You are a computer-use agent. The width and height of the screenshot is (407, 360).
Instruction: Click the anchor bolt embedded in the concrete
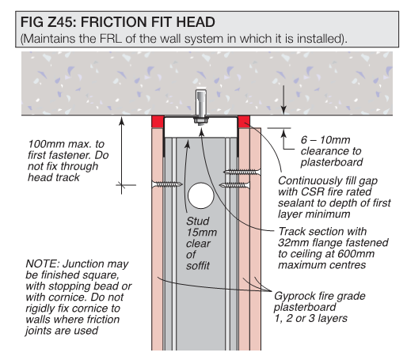click(x=201, y=104)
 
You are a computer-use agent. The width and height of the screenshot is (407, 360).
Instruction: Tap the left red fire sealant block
click(x=158, y=122)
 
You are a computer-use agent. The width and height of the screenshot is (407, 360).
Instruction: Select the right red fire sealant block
click(x=244, y=122)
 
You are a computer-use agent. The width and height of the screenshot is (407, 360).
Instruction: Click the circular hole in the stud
click(x=201, y=196)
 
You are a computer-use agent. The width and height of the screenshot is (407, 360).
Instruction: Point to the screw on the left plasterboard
click(x=167, y=184)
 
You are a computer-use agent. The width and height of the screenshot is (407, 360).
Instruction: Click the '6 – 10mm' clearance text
click(x=325, y=140)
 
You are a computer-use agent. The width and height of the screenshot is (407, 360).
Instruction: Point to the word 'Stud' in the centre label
click(x=198, y=221)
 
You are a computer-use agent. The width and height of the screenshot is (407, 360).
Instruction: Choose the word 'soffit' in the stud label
click(x=198, y=266)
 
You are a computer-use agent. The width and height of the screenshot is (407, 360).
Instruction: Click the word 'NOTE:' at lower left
click(x=42, y=263)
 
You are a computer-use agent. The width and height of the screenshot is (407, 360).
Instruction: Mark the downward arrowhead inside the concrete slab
click(x=283, y=110)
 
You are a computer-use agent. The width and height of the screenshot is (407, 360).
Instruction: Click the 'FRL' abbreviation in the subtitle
click(x=111, y=39)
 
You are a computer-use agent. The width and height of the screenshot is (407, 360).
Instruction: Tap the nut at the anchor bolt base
click(x=201, y=121)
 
